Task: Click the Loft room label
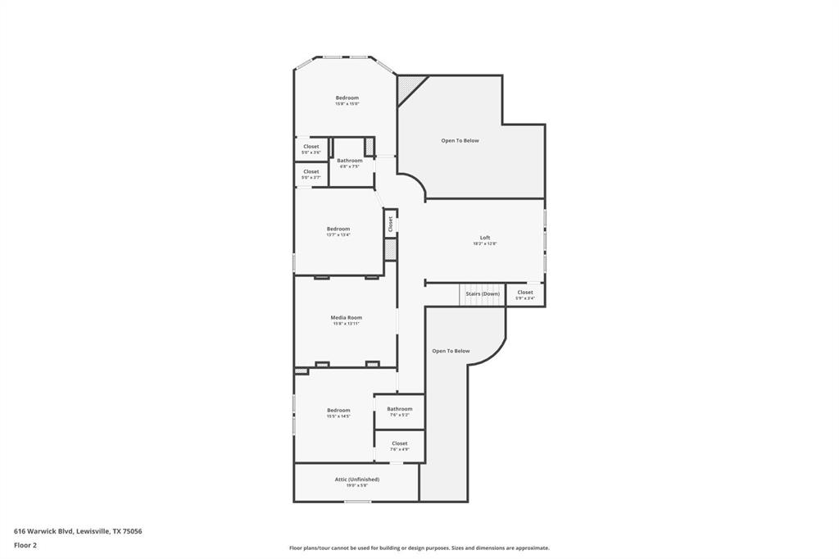(484, 238)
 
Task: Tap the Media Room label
(346, 317)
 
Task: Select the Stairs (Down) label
(483, 293)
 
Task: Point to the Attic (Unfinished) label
(356, 479)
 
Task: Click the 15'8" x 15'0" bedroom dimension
(347, 104)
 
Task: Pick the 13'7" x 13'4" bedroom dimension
(338, 235)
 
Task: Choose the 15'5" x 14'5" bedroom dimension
(338, 416)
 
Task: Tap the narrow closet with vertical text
(391, 224)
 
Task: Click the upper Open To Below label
(460, 141)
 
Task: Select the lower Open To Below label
(451, 352)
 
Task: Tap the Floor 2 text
(25, 544)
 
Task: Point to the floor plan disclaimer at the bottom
(419, 548)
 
